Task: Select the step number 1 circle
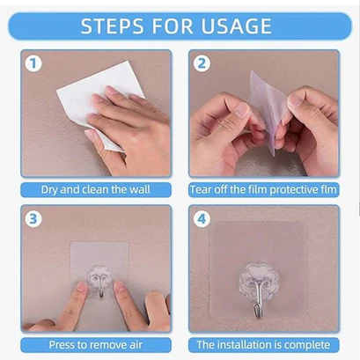coord(34,64)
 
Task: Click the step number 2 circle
coord(202,64)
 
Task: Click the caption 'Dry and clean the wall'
coord(95,189)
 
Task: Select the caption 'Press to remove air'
coord(95,345)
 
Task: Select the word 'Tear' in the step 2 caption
coord(202,189)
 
